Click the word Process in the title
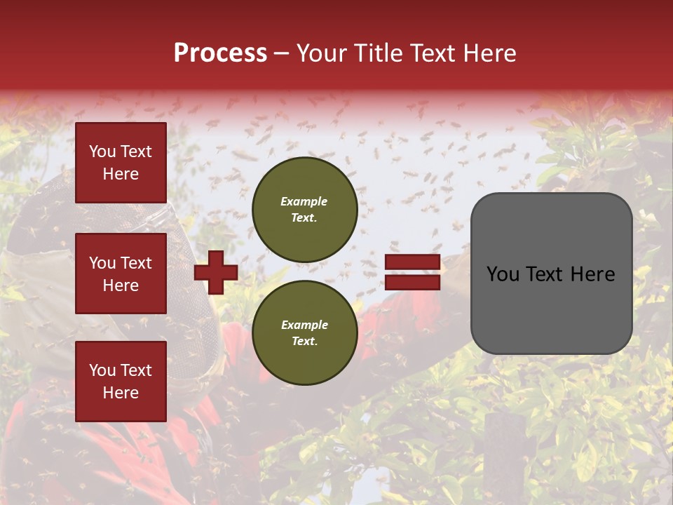click(x=220, y=53)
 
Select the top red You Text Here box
click(x=121, y=163)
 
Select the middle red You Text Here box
click(x=121, y=274)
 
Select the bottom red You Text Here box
click(x=121, y=381)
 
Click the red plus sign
click(x=216, y=272)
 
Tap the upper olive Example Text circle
click(x=304, y=209)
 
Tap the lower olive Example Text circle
click(x=304, y=332)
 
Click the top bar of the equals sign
click(x=412, y=263)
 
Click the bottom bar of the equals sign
click(x=412, y=282)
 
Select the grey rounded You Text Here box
click(x=551, y=274)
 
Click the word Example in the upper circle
click(x=304, y=201)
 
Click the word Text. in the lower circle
click(x=304, y=342)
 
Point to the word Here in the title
click(x=489, y=53)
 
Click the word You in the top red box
click(x=102, y=151)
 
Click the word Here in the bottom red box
click(x=121, y=393)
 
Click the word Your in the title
click(x=320, y=53)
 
